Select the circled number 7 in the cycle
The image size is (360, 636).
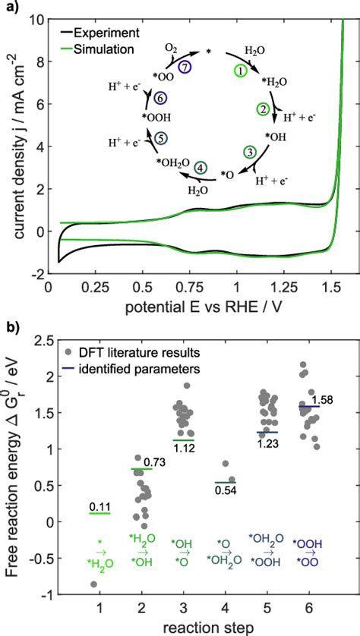coord(184,68)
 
